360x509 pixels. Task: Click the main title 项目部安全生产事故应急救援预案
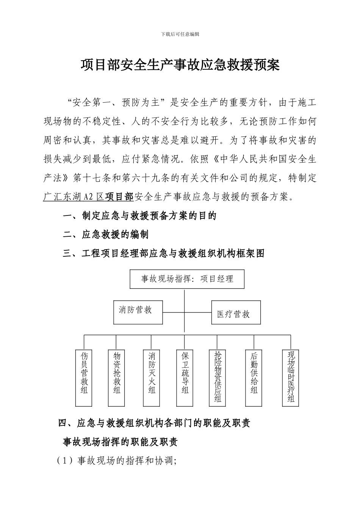click(180, 65)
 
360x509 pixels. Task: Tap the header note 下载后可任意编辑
click(180, 34)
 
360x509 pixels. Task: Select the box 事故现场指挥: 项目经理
click(187, 279)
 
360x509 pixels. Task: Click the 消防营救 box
click(138, 312)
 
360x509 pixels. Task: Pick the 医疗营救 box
click(236, 312)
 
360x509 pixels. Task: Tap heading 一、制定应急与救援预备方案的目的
click(139, 216)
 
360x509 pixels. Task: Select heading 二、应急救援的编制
click(106, 234)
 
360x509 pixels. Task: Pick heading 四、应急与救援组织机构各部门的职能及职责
click(154, 423)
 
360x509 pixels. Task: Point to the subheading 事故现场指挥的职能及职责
click(121, 442)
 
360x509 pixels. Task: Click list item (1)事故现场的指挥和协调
click(117, 461)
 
